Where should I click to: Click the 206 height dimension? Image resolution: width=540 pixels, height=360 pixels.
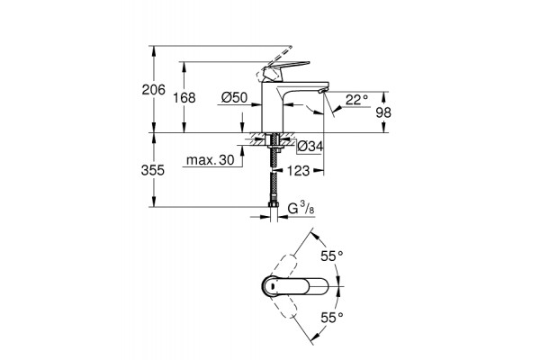(x=154, y=90)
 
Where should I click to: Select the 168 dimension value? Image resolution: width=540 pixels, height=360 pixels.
(x=184, y=98)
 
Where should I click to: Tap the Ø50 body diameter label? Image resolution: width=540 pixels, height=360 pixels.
(x=234, y=98)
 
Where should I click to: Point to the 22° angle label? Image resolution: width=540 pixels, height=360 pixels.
(x=356, y=100)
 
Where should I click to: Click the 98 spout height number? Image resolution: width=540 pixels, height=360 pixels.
(x=383, y=112)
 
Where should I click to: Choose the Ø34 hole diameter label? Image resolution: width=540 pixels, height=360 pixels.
(x=310, y=147)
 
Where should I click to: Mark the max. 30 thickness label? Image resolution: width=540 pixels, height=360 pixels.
(x=210, y=160)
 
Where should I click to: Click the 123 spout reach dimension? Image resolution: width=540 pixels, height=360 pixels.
(x=298, y=170)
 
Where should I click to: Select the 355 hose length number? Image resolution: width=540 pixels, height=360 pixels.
(x=153, y=170)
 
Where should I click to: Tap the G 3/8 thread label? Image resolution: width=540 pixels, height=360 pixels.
(x=301, y=209)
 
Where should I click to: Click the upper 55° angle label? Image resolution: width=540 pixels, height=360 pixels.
(x=332, y=256)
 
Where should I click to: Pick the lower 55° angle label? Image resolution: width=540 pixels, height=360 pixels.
(x=332, y=318)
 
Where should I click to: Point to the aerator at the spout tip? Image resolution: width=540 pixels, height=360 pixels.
(x=322, y=90)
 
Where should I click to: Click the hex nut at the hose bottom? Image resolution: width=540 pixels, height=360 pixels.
(x=273, y=204)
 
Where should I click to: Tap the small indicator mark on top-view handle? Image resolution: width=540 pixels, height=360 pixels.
(x=272, y=286)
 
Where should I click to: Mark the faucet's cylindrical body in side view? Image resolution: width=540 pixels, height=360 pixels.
(x=273, y=107)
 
